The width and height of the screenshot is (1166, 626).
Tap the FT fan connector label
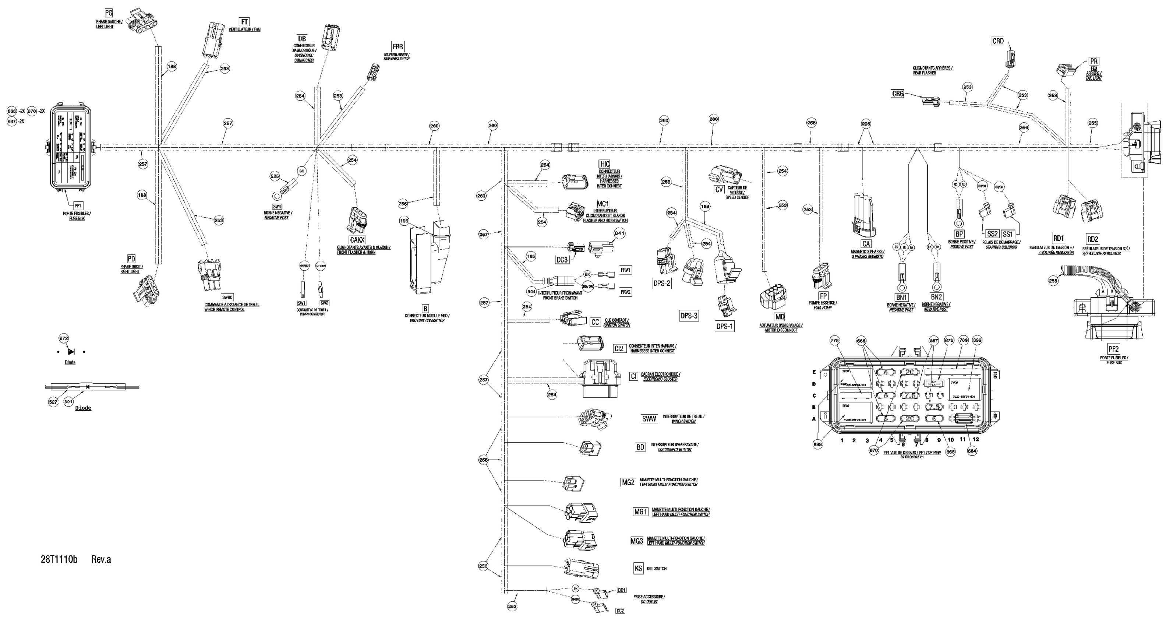click(244, 22)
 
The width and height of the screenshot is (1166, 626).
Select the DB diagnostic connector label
click(302, 39)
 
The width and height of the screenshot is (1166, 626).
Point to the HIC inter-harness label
click(604, 164)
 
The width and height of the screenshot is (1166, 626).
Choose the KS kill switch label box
click(638, 568)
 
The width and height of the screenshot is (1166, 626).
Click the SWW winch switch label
click(649, 419)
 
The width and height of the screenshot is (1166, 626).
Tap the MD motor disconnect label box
click(780, 317)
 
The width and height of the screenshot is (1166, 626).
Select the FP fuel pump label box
click(823, 296)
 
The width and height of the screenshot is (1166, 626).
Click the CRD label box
click(998, 41)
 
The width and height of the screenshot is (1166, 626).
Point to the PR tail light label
click(1093, 61)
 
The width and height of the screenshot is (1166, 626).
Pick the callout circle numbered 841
click(620, 233)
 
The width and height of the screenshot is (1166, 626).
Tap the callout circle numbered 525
click(275, 176)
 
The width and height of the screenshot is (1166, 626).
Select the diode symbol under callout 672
click(71, 352)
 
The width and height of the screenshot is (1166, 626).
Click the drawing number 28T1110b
click(59, 559)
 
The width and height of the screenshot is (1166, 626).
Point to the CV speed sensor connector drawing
click(726, 175)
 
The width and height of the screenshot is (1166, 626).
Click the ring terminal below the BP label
click(958, 222)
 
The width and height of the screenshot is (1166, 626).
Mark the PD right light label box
click(131, 259)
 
